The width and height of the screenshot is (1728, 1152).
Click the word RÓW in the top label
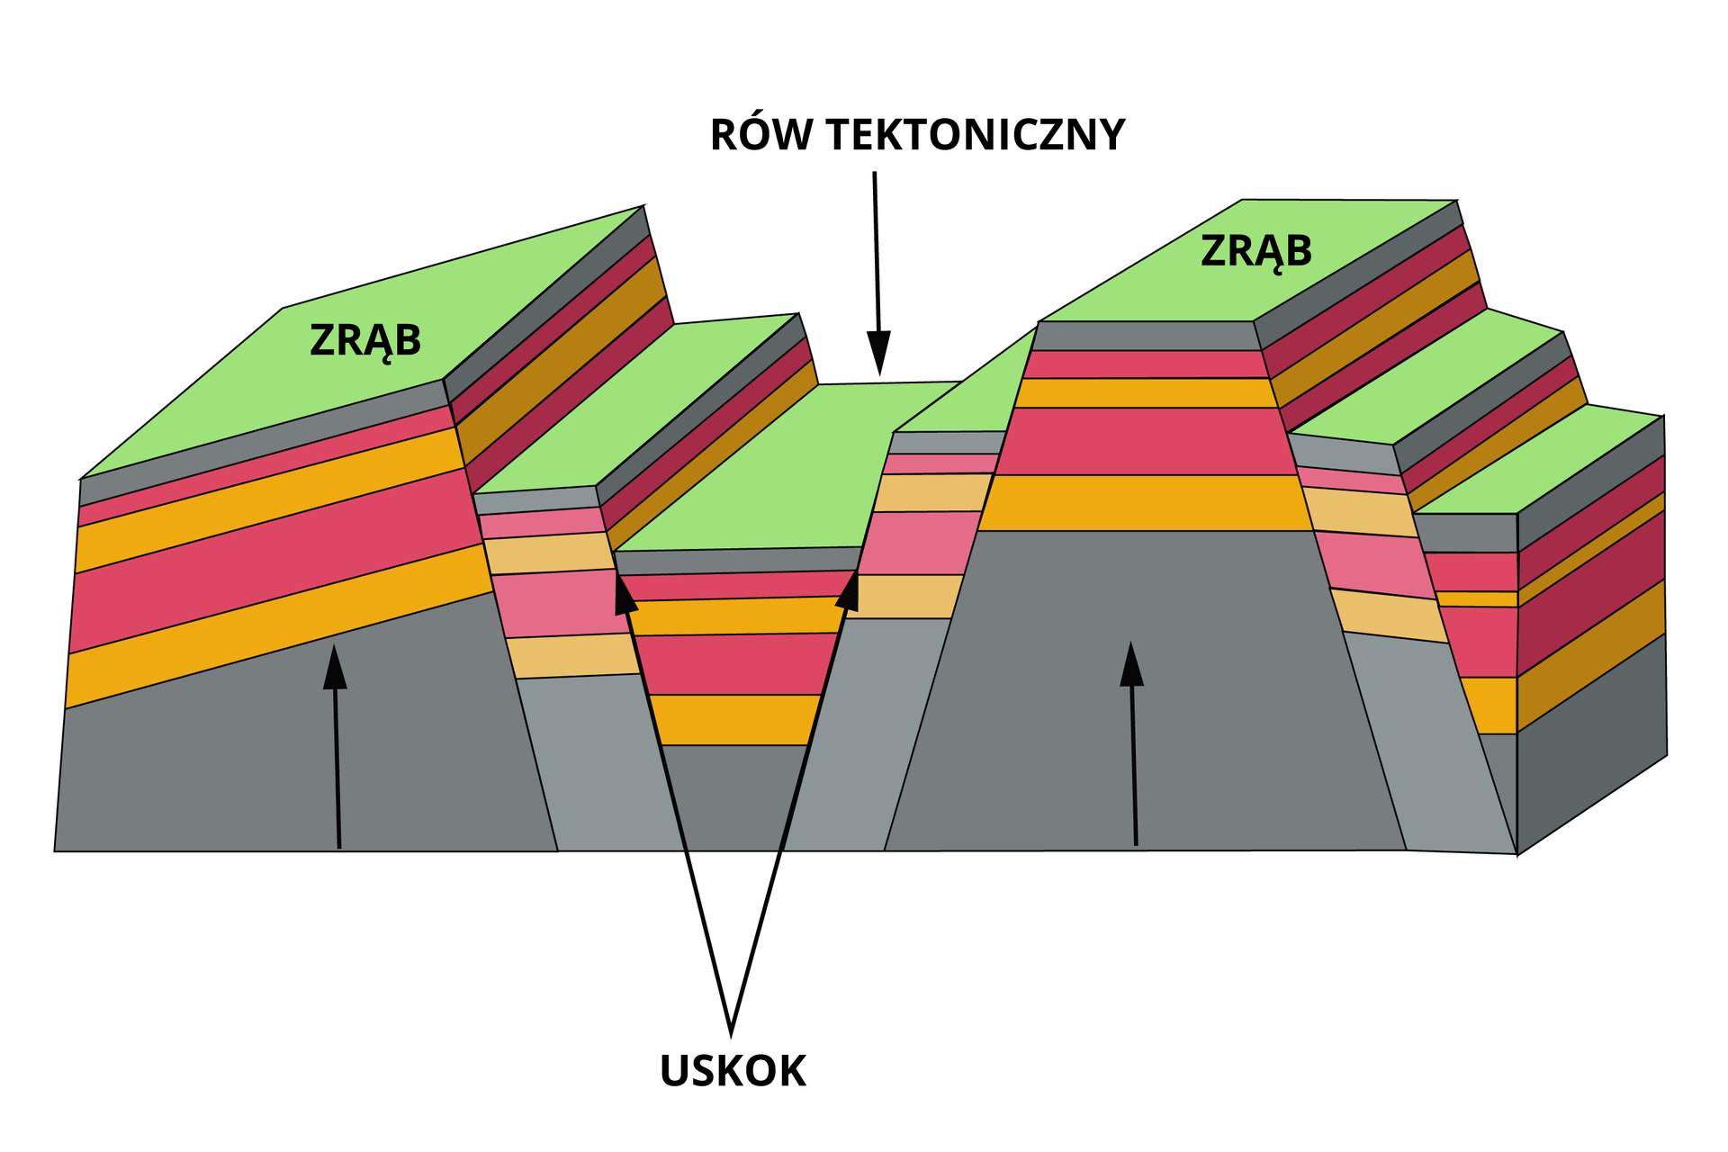click(761, 135)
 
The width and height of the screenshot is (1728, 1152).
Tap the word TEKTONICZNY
click(976, 135)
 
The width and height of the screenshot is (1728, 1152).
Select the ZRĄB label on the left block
click(365, 341)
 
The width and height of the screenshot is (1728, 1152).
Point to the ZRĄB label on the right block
click(1256, 251)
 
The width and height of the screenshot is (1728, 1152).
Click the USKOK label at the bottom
click(733, 1071)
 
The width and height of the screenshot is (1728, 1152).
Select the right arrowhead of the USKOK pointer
click(849, 589)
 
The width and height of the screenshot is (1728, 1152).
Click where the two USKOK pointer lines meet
click(731, 1030)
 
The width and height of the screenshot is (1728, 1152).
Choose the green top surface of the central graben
click(765, 468)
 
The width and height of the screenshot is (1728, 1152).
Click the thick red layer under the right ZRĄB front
click(1145, 441)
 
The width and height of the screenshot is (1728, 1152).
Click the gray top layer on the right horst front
click(1145, 336)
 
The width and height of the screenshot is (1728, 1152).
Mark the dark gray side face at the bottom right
click(1591, 738)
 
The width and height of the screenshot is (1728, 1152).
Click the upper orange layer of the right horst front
click(1145, 393)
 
